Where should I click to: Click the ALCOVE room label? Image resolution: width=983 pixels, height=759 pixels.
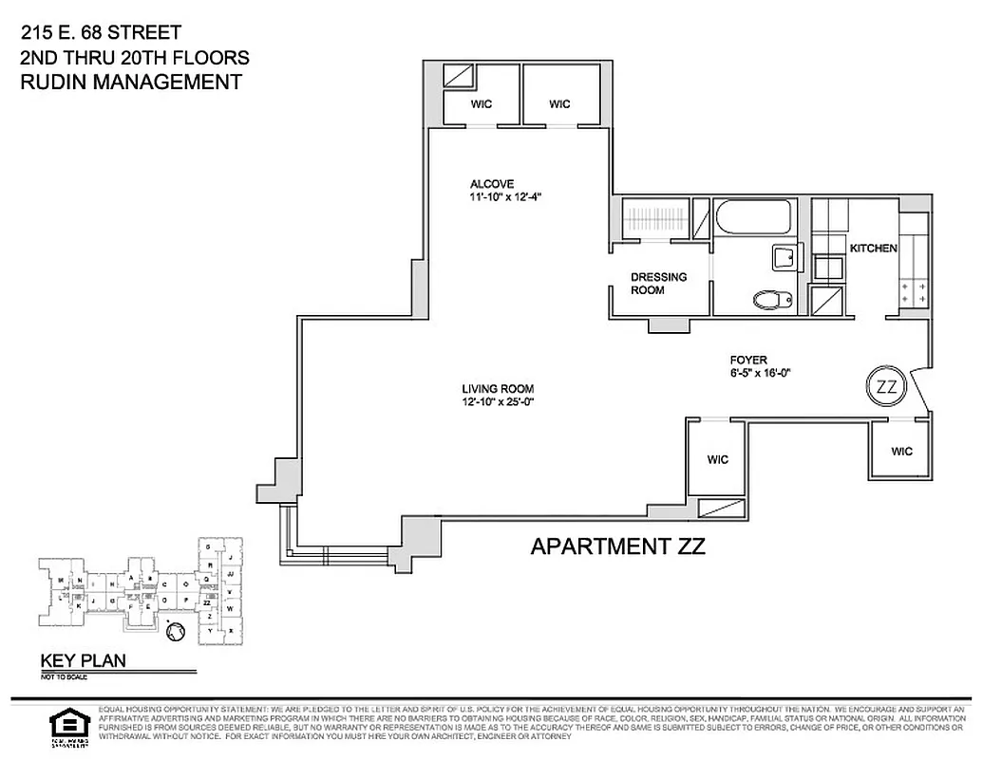pos(492,184)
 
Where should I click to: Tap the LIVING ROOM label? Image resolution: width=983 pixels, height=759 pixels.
pos(498,388)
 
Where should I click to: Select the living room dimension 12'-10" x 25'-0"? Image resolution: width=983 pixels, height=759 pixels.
pos(498,401)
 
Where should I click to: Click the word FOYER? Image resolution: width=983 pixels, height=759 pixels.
pos(747,360)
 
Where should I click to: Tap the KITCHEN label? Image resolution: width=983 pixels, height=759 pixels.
pos(873,249)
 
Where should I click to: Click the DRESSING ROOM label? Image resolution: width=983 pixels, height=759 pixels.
pos(658,284)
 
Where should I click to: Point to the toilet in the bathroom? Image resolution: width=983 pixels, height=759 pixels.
pos(773,300)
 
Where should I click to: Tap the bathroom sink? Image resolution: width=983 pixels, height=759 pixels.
pos(786,258)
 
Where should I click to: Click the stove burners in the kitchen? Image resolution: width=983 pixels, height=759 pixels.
pos(914,291)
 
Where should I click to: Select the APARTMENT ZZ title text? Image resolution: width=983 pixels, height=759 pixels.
pos(617,546)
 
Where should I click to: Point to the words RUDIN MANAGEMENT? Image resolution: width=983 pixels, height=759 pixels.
pos(131,82)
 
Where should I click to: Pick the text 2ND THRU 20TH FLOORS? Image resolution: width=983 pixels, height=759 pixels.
pos(134,58)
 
